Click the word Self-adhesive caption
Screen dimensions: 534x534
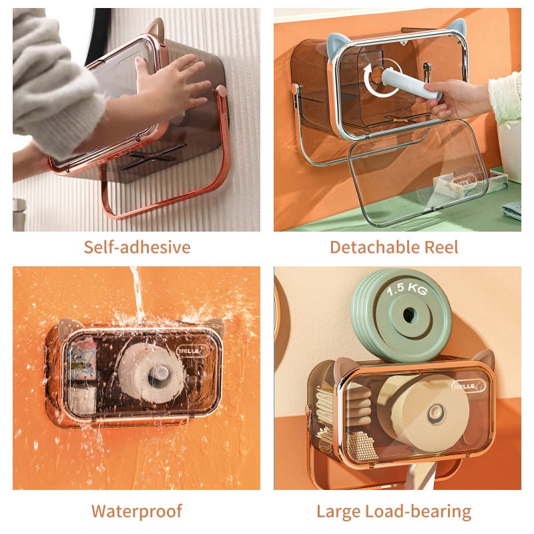[x=137, y=247]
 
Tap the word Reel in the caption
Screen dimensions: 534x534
[x=441, y=247]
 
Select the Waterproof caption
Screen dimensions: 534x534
[x=137, y=511]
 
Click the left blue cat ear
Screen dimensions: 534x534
[x=338, y=46]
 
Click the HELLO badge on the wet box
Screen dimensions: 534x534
[x=192, y=350]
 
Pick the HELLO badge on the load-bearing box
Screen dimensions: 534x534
[x=469, y=386]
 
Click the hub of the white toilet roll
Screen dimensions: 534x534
[x=160, y=374]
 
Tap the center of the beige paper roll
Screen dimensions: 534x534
[x=436, y=414]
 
